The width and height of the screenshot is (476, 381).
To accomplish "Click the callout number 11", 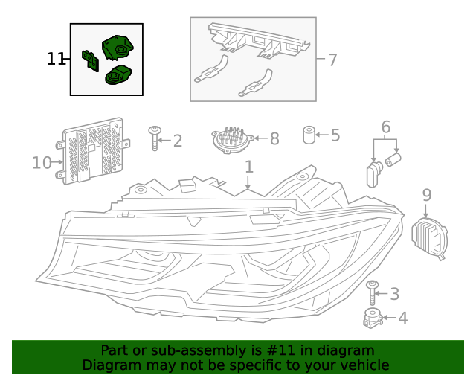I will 56,60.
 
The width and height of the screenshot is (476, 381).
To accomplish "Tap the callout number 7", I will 332,60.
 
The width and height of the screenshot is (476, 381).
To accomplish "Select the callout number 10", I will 42,162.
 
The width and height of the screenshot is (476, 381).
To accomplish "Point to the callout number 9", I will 426,195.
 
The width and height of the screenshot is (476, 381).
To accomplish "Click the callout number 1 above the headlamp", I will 249,167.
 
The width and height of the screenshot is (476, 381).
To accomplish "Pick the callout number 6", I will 386,127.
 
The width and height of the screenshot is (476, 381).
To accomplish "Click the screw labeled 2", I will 155,138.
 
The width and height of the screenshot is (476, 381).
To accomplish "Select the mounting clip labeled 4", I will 372,318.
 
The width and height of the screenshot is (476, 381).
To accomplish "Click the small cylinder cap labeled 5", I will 307,135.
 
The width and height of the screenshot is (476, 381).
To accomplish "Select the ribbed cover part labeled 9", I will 429,237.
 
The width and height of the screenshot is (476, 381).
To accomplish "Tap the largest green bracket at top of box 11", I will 116,45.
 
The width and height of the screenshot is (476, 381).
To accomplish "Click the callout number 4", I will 402,318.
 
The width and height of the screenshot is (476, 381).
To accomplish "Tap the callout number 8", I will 274,138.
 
